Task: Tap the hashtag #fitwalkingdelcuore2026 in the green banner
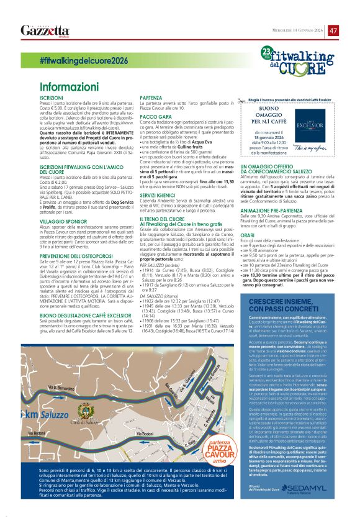(x=83, y=61)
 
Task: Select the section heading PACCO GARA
(x=156, y=117)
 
